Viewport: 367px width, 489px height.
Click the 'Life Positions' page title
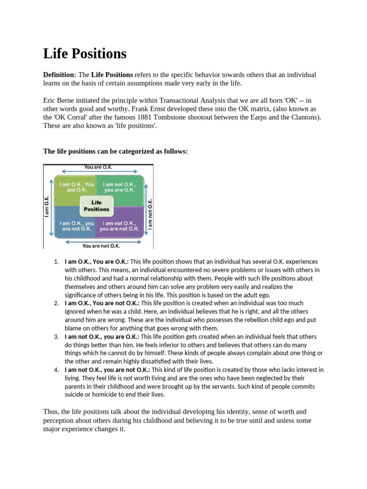[85, 53]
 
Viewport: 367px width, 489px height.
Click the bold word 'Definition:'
[60, 75]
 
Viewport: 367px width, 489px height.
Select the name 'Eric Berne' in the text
[60, 100]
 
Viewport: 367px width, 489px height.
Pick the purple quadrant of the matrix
[119, 225]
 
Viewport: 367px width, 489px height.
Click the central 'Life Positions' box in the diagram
[97, 206]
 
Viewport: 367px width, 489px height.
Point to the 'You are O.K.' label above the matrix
[98, 167]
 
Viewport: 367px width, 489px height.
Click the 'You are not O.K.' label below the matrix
[101, 245]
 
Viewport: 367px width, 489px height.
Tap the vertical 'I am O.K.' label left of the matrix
[47, 205]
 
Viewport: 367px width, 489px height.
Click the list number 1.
[56, 262]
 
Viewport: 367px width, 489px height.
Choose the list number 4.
[56, 370]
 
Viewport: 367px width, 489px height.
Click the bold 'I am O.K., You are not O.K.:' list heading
[102, 303]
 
